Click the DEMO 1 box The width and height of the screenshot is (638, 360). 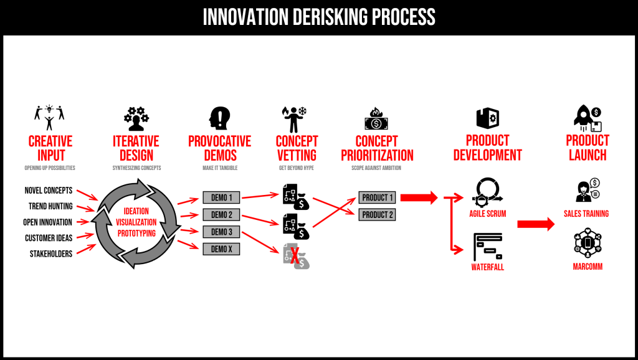221,198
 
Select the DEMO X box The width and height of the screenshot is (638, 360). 221,249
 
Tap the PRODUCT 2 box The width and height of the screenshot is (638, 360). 377,215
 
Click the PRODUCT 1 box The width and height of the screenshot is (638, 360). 377,198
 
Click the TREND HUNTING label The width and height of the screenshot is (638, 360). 50,206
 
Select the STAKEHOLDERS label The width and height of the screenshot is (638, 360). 49,253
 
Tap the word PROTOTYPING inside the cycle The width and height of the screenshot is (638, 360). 136,233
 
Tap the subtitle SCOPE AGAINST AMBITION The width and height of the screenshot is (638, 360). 376,168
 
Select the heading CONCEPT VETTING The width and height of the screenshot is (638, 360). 297,148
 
